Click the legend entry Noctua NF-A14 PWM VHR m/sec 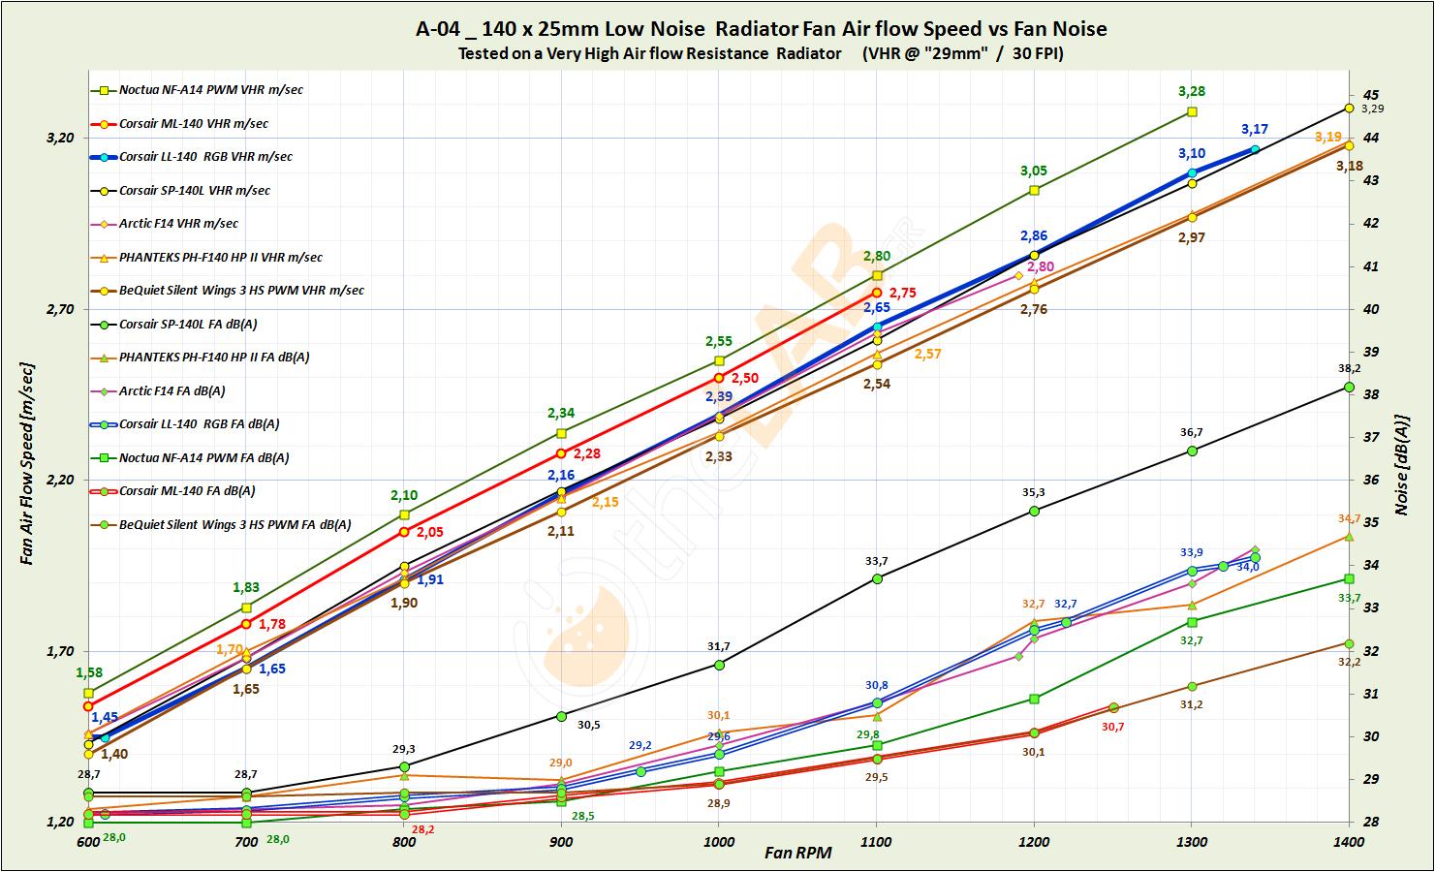pyautogui.click(x=210, y=90)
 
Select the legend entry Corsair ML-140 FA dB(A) pyautogui.click(x=187, y=491)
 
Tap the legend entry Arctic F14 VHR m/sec pyautogui.click(x=178, y=224)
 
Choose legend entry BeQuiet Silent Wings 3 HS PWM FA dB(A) pyautogui.click(x=234, y=525)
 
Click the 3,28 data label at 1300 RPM pyautogui.click(x=1192, y=92)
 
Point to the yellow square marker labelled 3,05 pyautogui.click(x=1034, y=190)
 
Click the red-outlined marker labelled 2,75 pyautogui.click(x=877, y=293)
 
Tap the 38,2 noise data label pyautogui.click(x=1349, y=369)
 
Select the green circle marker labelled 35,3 pyautogui.click(x=1034, y=510)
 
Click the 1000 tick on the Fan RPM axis pyautogui.click(x=718, y=842)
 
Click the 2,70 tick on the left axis pyautogui.click(x=60, y=309)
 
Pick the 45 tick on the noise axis pyautogui.click(x=1370, y=95)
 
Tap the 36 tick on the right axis pyautogui.click(x=1370, y=480)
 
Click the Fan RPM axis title pyautogui.click(x=797, y=854)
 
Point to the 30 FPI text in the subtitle pyautogui.click(x=1037, y=54)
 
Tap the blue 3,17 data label pyautogui.click(x=1255, y=130)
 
